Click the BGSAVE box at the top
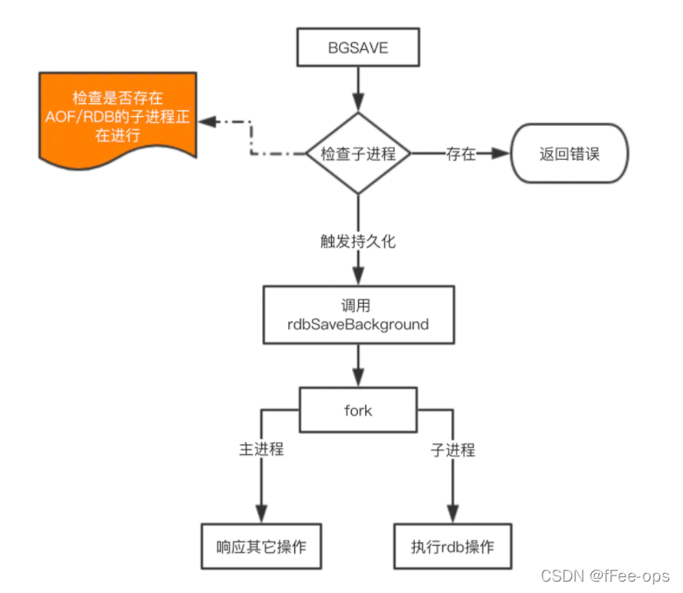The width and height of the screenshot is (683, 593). click(x=359, y=49)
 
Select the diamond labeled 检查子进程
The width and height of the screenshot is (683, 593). click(x=358, y=154)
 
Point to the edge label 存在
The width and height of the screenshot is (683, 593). click(x=460, y=154)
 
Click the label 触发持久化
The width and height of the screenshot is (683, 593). click(x=358, y=241)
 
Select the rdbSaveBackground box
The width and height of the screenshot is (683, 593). click(x=359, y=315)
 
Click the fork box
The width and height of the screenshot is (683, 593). click(x=359, y=410)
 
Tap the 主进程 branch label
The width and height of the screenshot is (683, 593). click(x=260, y=450)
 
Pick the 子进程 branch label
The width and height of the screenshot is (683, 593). click(x=453, y=450)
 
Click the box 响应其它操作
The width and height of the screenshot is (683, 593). click(x=260, y=547)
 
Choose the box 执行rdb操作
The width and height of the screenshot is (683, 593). click(x=452, y=547)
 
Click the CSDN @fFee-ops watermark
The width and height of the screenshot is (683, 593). click(x=604, y=576)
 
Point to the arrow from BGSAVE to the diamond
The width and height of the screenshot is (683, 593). click(x=359, y=87)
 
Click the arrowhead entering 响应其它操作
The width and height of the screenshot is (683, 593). click(x=260, y=516)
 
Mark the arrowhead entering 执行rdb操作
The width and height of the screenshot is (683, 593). click(x=452, y=516)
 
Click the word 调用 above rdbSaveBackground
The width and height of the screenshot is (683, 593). click(x=359, y=307)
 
